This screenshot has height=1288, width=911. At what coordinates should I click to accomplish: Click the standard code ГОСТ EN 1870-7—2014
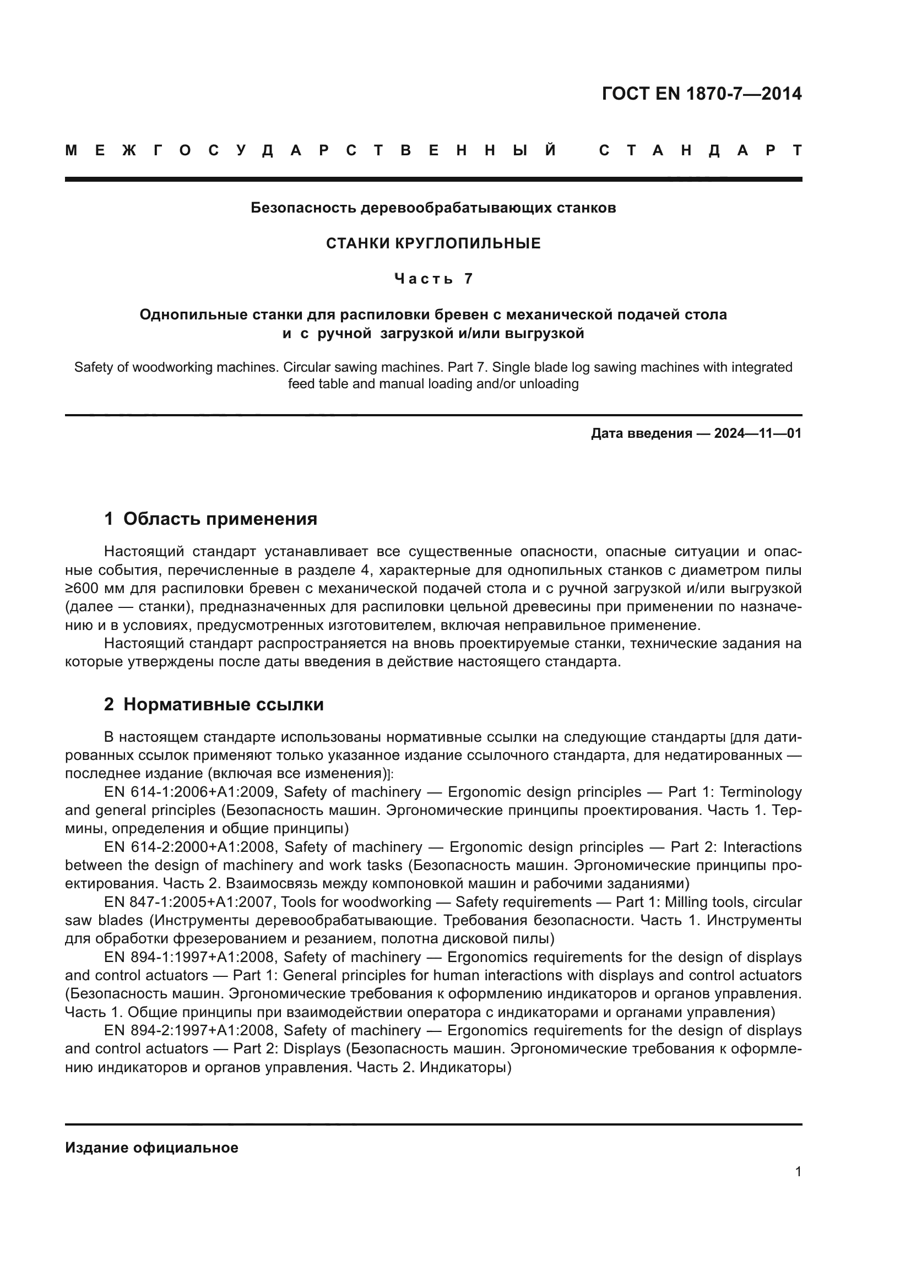pos(701,94)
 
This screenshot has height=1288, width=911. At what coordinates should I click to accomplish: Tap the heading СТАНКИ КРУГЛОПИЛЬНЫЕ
pos(433,243)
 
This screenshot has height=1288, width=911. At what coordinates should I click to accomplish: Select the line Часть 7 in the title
pos(433,279)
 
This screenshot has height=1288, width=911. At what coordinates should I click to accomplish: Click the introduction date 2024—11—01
pos(758,433)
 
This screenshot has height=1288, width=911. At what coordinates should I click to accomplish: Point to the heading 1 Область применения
pos(210,519)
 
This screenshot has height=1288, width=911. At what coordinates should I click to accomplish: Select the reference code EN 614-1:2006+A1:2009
pos(190,792)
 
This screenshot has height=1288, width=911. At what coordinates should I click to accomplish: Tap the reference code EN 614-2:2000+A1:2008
pos(190,846)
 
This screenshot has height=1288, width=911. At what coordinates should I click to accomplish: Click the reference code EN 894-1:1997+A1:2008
pos(190,957)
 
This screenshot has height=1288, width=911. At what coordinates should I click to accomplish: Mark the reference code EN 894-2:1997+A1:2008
pos(190,1030)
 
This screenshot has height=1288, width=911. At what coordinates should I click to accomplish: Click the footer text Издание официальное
pos(151,1148)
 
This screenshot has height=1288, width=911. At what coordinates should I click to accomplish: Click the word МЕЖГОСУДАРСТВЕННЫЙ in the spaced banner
pos(311,150)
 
